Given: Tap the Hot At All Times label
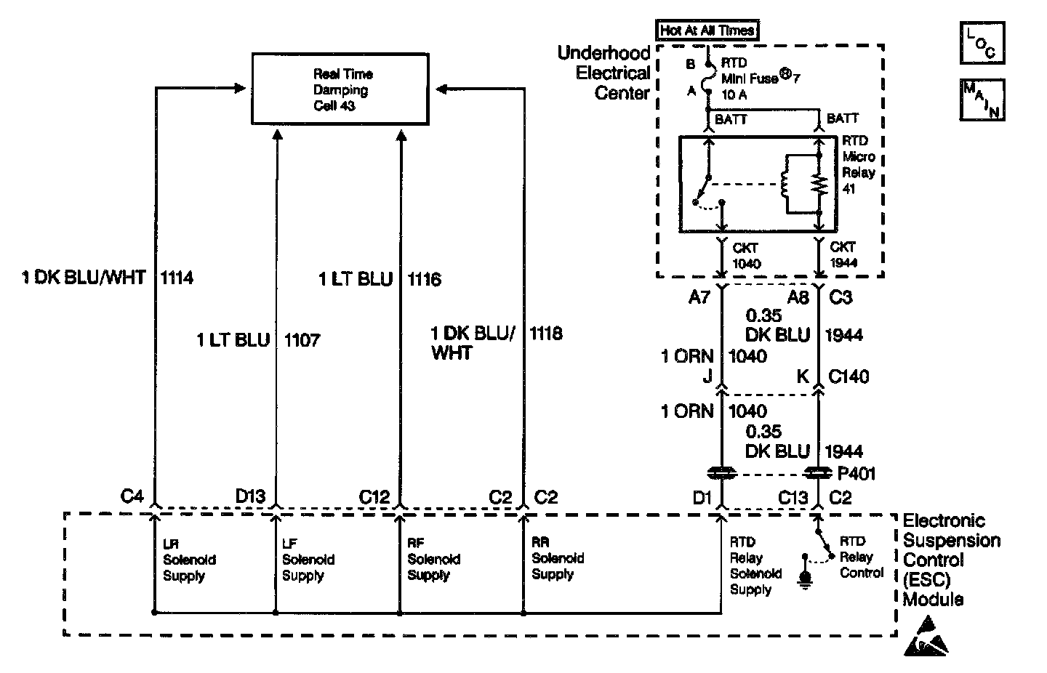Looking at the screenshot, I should click(x=707, y=31).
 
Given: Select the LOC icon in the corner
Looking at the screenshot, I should click(x=982, y=43).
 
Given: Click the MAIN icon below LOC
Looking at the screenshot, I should click(x=982, y=100).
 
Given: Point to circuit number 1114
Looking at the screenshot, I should click(x=177, y=278).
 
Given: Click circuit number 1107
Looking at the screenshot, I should click(x=302, y=340).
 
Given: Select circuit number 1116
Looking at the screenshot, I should click(x=424, y=279).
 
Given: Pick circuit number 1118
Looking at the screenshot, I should click(x=545, y=334).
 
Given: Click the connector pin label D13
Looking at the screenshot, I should click(x=251, y=497).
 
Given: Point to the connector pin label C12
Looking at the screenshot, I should click(x=374, y=497).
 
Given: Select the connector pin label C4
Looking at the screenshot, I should click(x=132, y=497).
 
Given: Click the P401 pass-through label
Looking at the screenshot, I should click(x=857, y=474).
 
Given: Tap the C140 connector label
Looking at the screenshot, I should click(x=849, y=376).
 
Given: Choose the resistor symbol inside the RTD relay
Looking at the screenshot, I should click(x=819, y=184).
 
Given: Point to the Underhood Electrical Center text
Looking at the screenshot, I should click(x=603, y=73).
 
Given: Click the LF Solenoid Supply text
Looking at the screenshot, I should click(x=308, y=560).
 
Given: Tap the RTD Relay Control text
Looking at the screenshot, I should click(x=861, y=557).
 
